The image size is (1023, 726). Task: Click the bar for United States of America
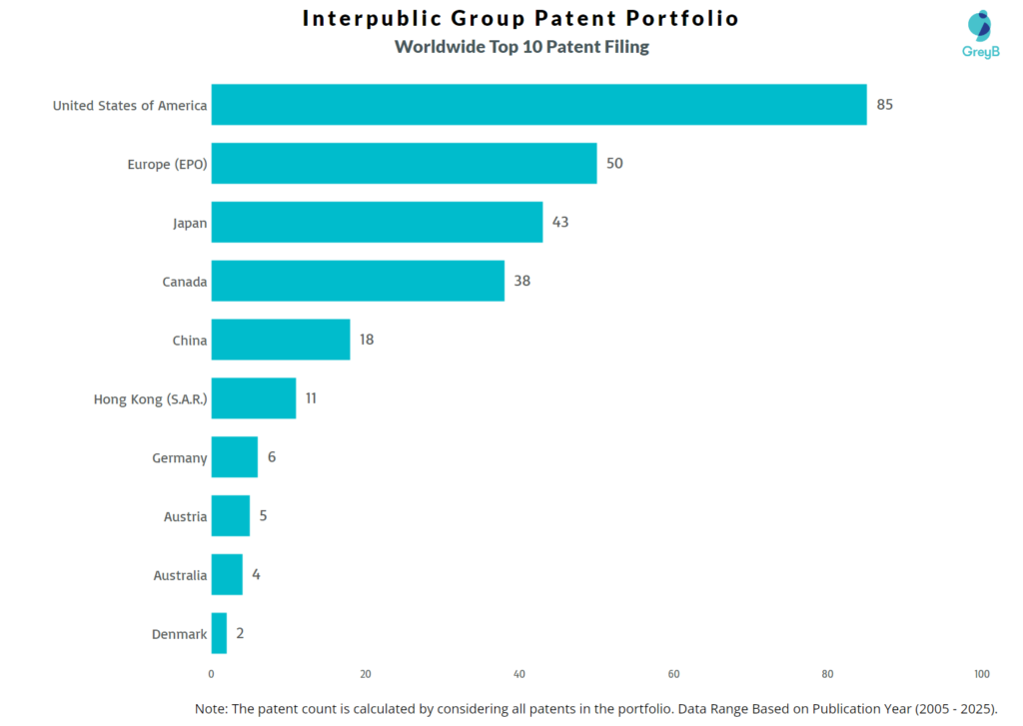538,104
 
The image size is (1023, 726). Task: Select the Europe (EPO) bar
404,163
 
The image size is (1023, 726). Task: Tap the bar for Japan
377,222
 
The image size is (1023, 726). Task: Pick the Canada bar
358,281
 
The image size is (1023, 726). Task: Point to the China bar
281,340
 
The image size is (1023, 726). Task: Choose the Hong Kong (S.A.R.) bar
254,398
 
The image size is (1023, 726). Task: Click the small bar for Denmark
219,633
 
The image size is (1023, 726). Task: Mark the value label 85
885,104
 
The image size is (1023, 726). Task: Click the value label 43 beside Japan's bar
560,222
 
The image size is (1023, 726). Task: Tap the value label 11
311,398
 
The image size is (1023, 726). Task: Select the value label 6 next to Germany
272,457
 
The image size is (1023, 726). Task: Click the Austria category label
186,517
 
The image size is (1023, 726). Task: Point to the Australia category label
180,576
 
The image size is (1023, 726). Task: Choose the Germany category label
180,458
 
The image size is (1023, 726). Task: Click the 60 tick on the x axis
673,673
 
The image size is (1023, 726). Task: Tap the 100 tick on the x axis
982,673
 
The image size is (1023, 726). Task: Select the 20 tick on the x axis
366,673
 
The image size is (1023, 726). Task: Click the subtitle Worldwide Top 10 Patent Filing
521,47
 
